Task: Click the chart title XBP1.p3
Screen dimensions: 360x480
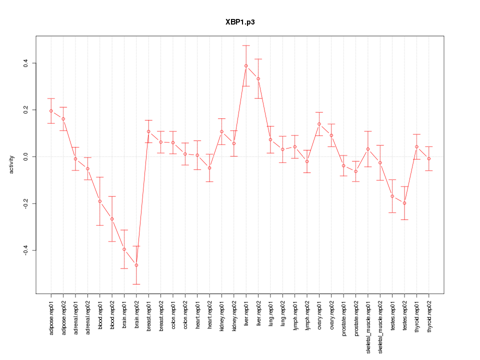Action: pyautogui.click(x=240, y=22)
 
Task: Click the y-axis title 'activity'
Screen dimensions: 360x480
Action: pyautogui.click(x=11, y=164)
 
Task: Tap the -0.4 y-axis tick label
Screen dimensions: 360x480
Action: pyautogui.click(x=25, y=250)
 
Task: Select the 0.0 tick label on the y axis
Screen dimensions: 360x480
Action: pyautogui.click(x=25, y=156)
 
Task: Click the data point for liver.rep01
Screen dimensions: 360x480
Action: pyautogui.click(x=246, y=65)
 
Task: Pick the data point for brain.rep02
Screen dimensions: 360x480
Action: pyautogui.click(x=136, y=265)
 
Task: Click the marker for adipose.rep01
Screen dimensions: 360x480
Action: pyautogui.click(x=51, y=111)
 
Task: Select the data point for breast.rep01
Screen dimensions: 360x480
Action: pyautogui.click(x=148, y=131)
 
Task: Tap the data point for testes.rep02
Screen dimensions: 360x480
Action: pyautogui.click(x=404, y=203)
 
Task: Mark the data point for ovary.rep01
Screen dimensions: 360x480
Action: pyautogui.click(x=319, y=123)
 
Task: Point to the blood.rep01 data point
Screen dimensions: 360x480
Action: pyautogui.click(x=100, y=201)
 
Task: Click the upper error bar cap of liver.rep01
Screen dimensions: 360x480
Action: pyautogui.click(x=246, y=45)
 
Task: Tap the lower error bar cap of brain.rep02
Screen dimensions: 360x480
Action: pyautogui.click(x=136, y=284)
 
